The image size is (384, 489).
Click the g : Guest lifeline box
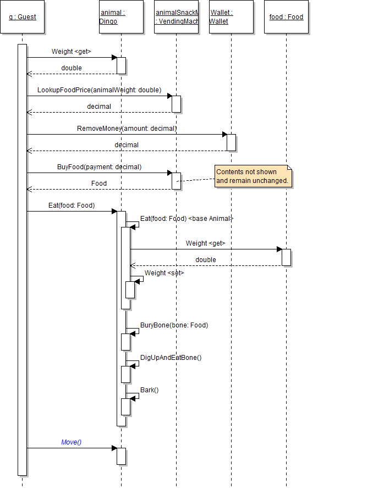pos(23,17)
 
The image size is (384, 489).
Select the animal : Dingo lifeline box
pos(121,17)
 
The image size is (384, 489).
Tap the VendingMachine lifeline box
pos(176,17)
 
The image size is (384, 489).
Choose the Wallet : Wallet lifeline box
pos(231,17)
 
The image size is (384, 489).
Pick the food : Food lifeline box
pos(286,17)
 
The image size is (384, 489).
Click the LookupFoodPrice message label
pos(99,90)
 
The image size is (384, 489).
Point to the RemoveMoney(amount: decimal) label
pos(127,128)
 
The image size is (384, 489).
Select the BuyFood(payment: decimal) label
pos(99,166)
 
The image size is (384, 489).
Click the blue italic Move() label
pos(72,442)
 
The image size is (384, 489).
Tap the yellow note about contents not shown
pos(253,176)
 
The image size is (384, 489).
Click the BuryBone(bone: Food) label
pos(174,325)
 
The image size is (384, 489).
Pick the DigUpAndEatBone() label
pos(171,358)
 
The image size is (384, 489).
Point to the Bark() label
pos(149,390)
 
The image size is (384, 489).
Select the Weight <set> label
pos(164,273)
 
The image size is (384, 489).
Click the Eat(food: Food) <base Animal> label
pos(186,219)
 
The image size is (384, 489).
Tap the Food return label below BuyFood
pos(99,183)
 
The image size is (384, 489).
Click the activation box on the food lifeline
pos(286,257)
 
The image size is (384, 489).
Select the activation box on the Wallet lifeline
pos(231,142)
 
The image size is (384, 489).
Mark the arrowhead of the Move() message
pos(114,448)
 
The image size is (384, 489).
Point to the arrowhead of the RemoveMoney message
pos(224,134)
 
